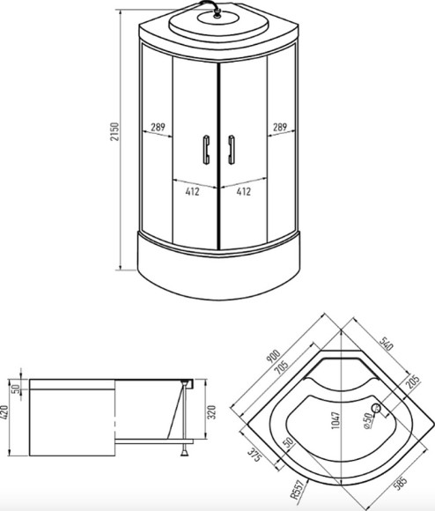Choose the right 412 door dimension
[x=244, y=190]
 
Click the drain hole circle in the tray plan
[x=376, y=408]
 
